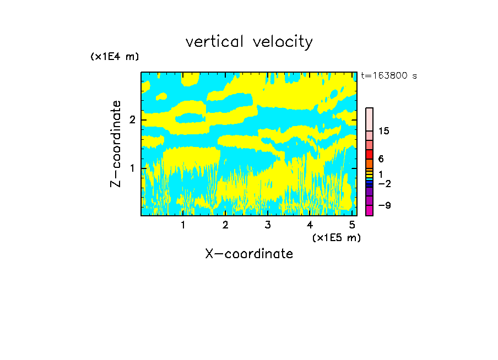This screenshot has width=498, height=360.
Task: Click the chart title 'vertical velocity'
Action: pos(249,42)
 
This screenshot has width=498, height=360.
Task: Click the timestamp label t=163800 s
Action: pos(389,75)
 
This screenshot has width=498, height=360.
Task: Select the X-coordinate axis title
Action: pos(249,254)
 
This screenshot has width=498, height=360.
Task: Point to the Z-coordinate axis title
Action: pos(116,144)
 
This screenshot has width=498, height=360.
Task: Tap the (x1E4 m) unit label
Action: pos(115,57)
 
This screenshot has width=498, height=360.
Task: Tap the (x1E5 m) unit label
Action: pos(337,237)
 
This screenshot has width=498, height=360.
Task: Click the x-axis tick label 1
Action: pos(183,225)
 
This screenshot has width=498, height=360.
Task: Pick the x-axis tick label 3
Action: pos(268,225)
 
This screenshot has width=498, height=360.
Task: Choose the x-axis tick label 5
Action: pos(352,225)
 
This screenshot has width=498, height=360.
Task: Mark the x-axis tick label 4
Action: pos(310,225)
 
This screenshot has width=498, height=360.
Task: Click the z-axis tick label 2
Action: pos(132,120)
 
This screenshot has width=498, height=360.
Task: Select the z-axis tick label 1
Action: pos(132,168)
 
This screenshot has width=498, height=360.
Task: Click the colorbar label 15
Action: pos(383,131)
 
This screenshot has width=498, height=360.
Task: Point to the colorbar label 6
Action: pos(381,159)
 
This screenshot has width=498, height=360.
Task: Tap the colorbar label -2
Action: pos(385,183)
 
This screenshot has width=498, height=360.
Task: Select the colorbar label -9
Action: pos(385,205)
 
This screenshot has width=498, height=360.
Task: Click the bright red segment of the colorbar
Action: pos(369,155)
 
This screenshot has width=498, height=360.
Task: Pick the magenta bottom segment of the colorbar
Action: pos(369,210)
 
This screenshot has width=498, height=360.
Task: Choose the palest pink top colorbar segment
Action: pos(369,119)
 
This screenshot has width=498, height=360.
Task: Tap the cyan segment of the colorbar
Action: pos(369,179)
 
